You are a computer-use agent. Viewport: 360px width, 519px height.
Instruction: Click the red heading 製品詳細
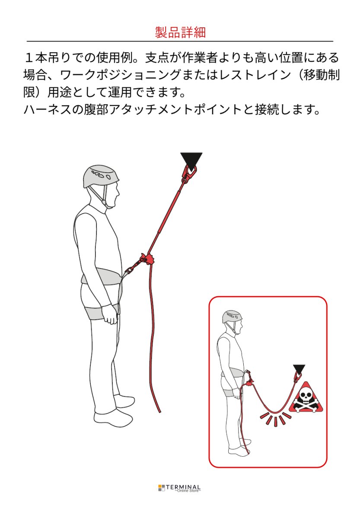click(180, 32)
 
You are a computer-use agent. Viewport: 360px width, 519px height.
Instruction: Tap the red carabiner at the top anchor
click(189, 173)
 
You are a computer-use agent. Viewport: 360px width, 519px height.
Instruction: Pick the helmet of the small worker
click(232, 317)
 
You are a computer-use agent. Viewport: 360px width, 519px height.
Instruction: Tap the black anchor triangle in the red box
click(299, 369)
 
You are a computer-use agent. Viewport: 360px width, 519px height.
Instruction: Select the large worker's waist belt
click(102, 277)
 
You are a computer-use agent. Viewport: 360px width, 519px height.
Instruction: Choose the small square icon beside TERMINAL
click(162, 488)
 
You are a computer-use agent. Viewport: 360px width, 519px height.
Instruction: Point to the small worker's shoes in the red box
click(239, 450)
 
